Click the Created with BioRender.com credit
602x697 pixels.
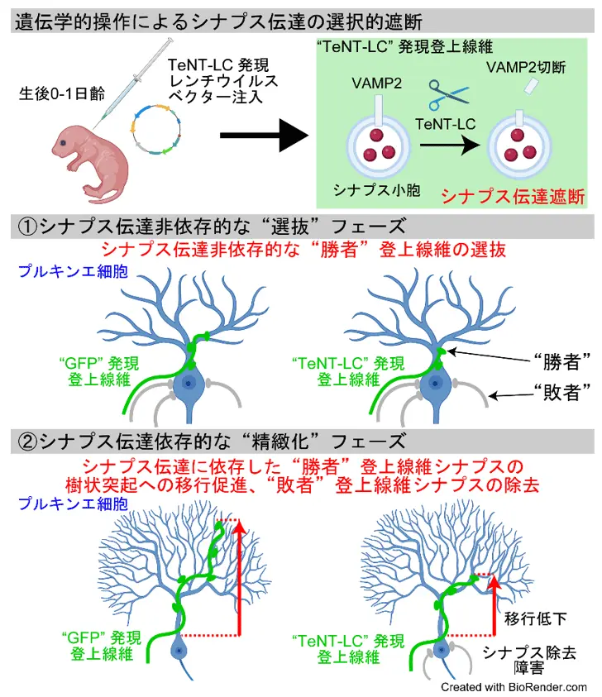[514, 687]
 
